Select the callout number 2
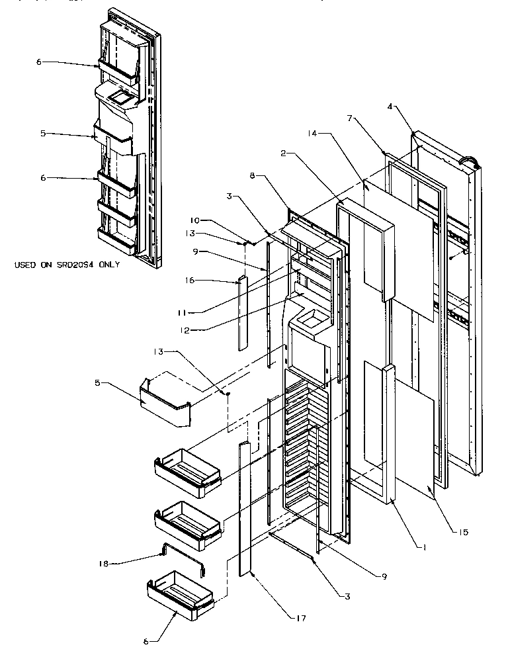coord(282,154)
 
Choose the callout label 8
coord(252,177)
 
